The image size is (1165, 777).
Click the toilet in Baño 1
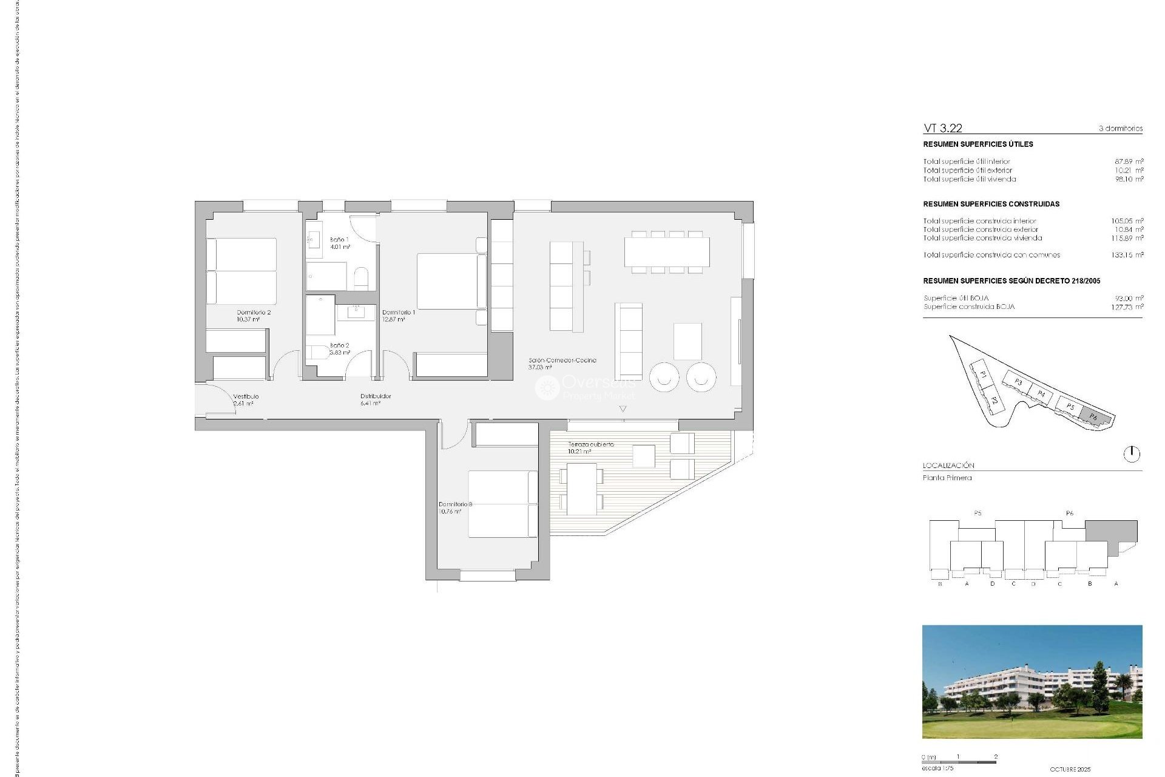tap(360, 278)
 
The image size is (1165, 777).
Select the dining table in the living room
tap(667, 252)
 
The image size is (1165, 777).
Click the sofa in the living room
tap(629, 341)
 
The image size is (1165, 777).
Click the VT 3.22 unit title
tap(942, 128)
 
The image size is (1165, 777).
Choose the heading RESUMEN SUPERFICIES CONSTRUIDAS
tap(991, 204)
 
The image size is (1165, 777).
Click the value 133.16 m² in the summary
tap(1127, 255)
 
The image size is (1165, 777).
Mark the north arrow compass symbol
tap(1132, 453)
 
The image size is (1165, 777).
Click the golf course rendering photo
tap(1032, 681)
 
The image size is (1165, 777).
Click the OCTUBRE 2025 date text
tap(1070, 769)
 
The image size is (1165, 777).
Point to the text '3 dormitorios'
tap(1120, 129)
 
